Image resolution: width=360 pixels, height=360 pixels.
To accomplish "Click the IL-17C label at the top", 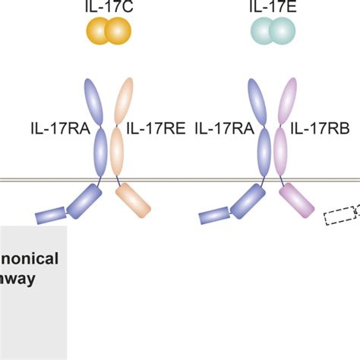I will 108,8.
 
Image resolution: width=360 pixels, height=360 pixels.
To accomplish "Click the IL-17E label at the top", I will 272,8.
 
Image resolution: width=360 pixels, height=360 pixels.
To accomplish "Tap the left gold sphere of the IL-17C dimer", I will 99,31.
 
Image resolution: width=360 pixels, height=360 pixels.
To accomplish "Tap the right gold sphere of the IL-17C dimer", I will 117,31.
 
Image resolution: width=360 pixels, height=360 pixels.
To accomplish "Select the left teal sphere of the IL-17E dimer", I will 263,31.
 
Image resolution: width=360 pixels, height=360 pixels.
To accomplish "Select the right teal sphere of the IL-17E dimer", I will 282,31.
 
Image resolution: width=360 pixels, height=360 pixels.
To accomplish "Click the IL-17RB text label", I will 319,130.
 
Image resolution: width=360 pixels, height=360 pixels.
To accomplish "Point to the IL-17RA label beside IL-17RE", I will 226,130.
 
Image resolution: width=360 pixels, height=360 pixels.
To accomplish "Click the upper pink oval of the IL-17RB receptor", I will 289,103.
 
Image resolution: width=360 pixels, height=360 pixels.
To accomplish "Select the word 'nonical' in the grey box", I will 30,257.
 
